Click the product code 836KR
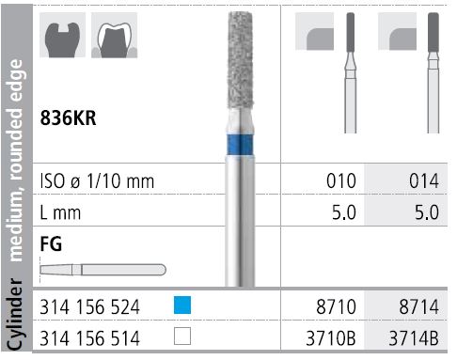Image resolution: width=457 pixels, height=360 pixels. (71, 119)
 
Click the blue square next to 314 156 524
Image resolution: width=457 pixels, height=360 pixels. (183, 304)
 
